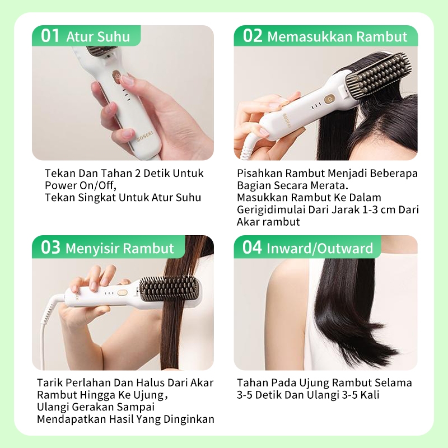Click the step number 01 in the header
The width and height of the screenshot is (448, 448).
[50, 36]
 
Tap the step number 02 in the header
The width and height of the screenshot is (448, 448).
[253, 36]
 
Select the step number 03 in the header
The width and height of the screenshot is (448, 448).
[50, 248]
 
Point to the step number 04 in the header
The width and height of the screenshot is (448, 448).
[252, 248]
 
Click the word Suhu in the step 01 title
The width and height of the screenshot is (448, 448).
[114, 37]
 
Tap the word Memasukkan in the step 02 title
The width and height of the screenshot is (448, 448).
[310, 37]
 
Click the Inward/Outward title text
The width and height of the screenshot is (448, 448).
[320, 248]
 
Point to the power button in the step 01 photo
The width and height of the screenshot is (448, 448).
[116, 76]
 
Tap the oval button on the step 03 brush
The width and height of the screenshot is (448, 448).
[122, 293]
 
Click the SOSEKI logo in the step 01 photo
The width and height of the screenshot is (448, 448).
[145, 136]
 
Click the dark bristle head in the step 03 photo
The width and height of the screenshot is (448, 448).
[170, 288]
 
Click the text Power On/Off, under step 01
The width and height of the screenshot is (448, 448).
[81, 185]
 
